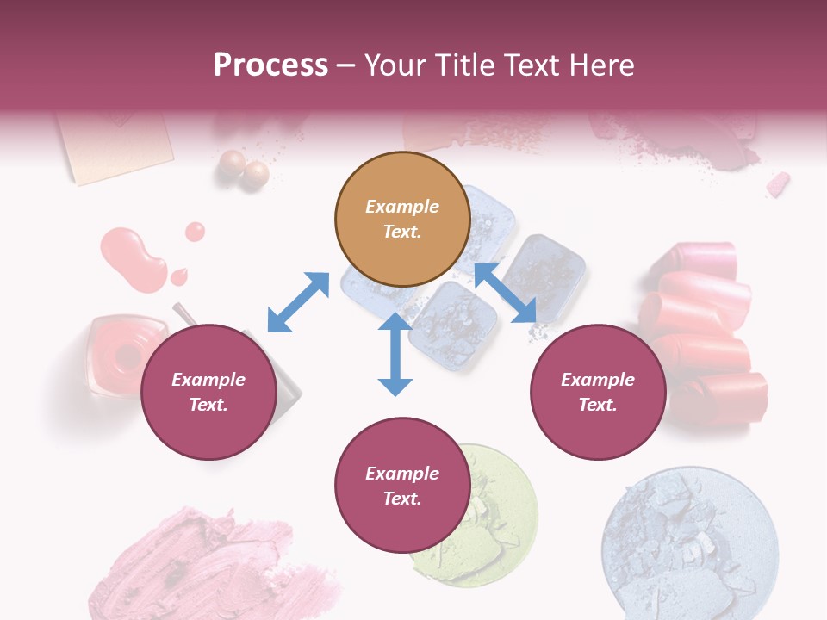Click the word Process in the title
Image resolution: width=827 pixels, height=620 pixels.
270,65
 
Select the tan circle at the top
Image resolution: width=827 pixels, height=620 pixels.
402,220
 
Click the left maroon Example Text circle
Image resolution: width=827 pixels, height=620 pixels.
208,392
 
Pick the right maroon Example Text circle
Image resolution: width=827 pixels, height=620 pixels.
598,392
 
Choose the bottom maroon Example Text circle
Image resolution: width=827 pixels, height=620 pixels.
402,486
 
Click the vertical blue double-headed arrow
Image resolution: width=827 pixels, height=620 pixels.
395,355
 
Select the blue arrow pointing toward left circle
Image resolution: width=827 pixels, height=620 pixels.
298,302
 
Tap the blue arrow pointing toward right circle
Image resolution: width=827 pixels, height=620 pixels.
506,293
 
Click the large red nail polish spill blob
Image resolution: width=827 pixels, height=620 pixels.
134,258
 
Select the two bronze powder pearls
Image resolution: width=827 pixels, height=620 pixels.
243,169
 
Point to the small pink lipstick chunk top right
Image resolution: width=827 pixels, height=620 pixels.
778,183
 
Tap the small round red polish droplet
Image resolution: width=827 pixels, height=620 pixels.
196,231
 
